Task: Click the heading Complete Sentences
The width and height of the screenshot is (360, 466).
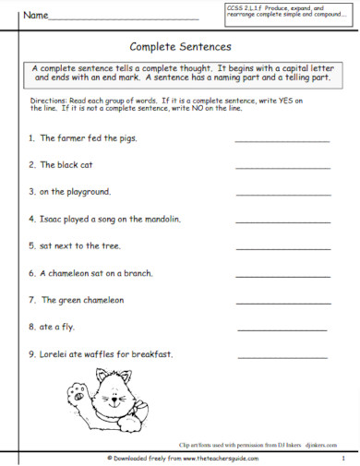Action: click(x=180, y=44)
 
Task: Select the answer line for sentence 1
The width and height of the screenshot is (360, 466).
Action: click(x=282, y=141)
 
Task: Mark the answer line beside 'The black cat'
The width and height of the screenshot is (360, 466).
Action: click(x=282, y=168)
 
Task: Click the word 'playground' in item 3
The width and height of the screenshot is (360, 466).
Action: click(x=87, y=193)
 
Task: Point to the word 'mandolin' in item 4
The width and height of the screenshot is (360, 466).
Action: click(x=159, y=220)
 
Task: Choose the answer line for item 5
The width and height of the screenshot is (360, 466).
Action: click(x=282, y=248)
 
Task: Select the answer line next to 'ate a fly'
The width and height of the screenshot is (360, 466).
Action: click(x=282, y=329)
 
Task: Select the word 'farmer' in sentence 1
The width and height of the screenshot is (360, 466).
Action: click(x=69, y=138)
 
